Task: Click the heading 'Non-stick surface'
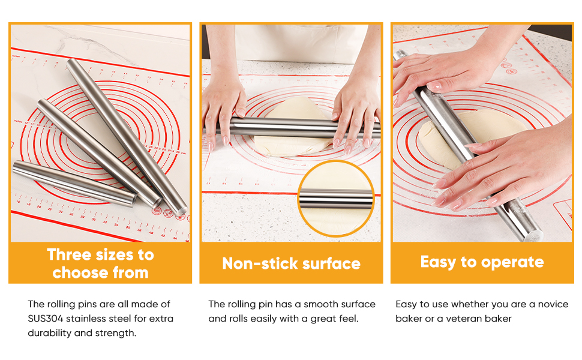[x=291, y=263]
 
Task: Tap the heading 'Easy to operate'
[x=482, y=262]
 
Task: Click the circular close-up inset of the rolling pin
[x=335, y=199]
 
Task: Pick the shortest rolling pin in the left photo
[x=72, y=184]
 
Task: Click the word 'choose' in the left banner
[x=74, y=273]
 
